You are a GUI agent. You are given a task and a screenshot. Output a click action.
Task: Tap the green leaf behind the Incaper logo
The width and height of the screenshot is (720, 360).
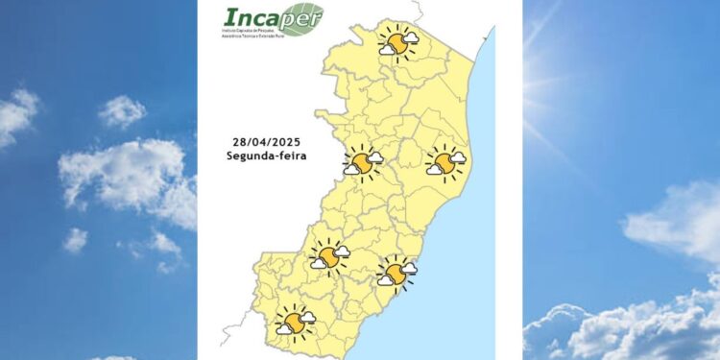pos(304,18)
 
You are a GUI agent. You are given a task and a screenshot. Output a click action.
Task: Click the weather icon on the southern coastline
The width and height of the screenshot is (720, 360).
pos(396,273)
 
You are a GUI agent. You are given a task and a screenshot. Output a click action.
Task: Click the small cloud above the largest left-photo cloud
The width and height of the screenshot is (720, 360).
pos(122,110)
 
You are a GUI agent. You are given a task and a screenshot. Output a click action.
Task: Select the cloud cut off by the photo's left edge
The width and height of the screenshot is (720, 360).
pos(16,115)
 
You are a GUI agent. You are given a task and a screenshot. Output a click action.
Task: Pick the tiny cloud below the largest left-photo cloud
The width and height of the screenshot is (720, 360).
pos(76,239)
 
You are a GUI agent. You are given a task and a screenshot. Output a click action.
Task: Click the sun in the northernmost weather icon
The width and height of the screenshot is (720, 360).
pos(393,43)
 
